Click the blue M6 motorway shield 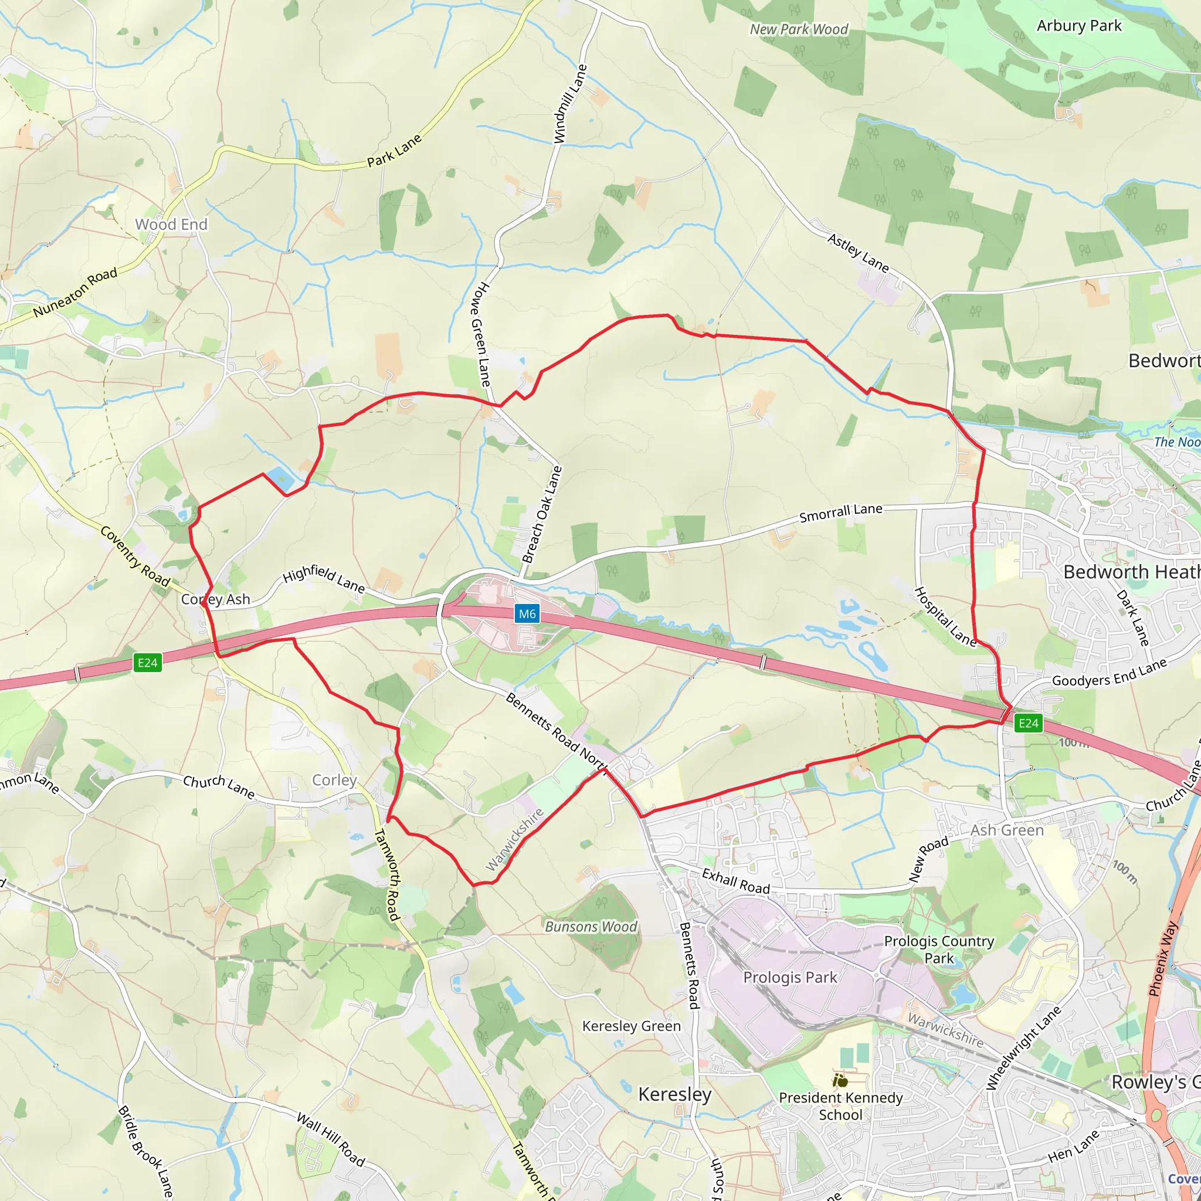pos(527,614)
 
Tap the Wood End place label pos(171,225)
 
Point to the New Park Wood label pos(798,29)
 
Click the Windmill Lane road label pos(570,104)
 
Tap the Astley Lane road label pos(858,252)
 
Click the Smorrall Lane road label pos(840,513)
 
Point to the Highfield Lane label pos(324,579)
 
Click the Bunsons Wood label pos(591,927)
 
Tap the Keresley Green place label pos(631,1026)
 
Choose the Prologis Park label pos(789,977)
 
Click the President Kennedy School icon pos(841,1080)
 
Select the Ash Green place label pos(1006,830)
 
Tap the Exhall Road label pos(735,881)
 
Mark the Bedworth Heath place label pos(1131,572)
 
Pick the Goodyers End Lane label pos(1109,673)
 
